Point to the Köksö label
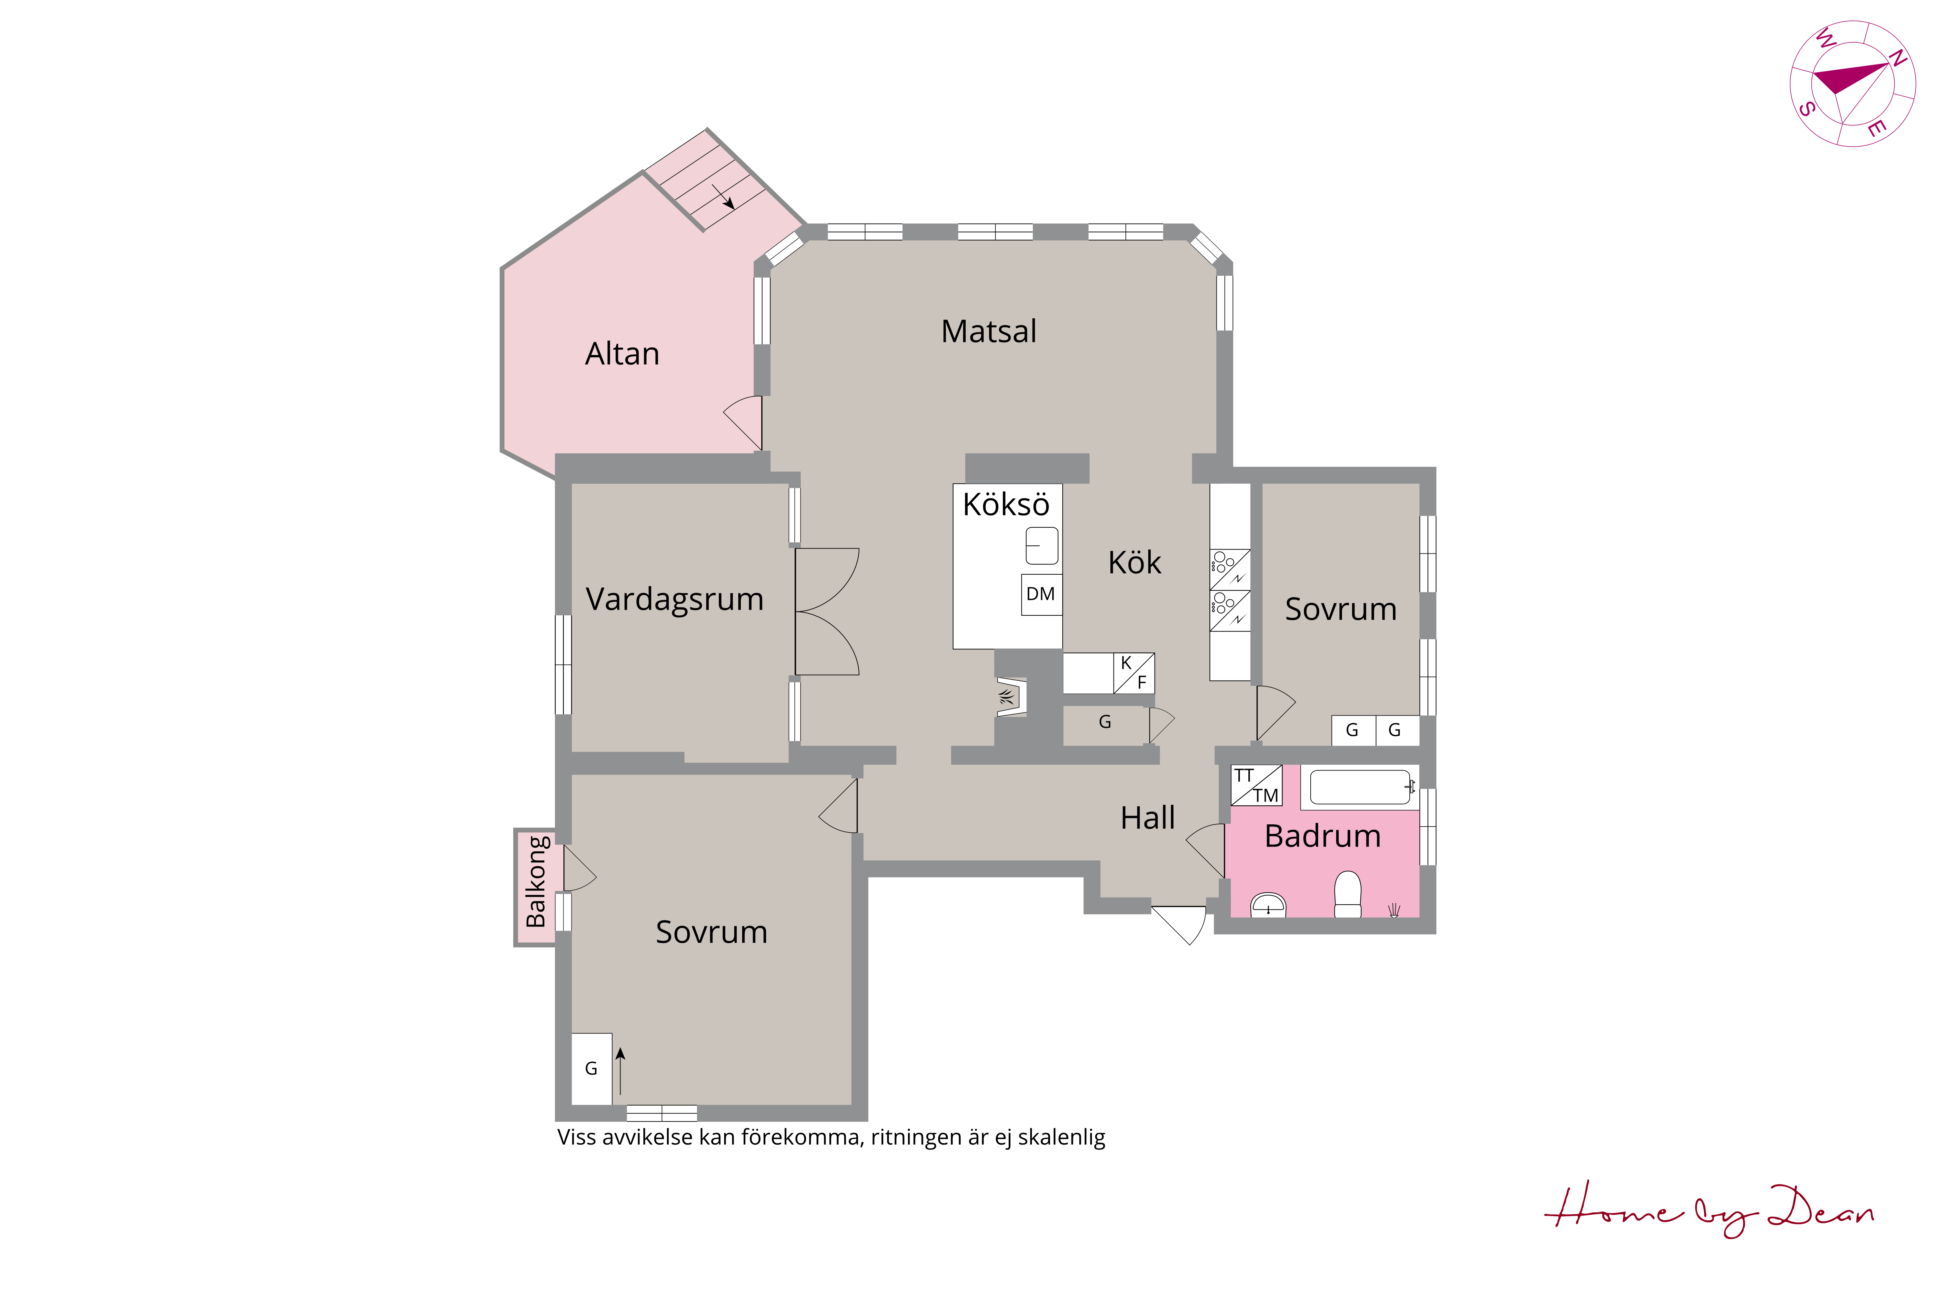[x=1006, y=504]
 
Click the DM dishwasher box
[x=1041, y=594]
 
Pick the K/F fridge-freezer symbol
[x=1134, y=673]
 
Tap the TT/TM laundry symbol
[x=1256, y=785]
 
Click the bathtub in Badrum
[x=1361, y=787]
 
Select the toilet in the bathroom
[x=1347, y=894]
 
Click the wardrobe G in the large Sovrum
[x=591, y=1069]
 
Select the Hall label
[x=1147, y=818]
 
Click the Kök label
[x=1134, y=563]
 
